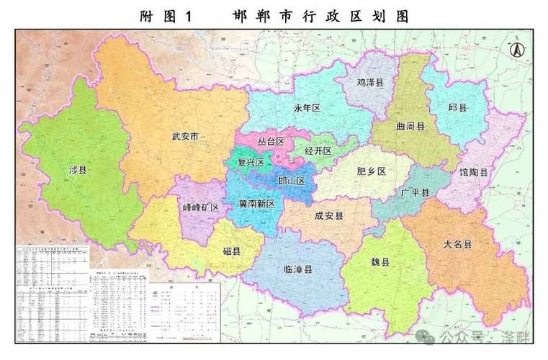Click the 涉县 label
(x=78, y=171)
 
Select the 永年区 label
(x=306, y=108)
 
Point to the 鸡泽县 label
(x=370, y=83)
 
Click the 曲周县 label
(x=410, y=125)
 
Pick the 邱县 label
(x=457, y=107)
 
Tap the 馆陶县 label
(x=474, y=173)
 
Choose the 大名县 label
(x=457, y=245)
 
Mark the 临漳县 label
(x=298, y=270)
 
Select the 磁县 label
(x=231, y=251)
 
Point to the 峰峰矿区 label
(x=200, y=207)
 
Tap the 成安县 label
(x=329, y=215)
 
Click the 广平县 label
(x=415, y=192)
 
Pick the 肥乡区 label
(x=372, y=171)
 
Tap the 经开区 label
(x=318, y=151)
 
